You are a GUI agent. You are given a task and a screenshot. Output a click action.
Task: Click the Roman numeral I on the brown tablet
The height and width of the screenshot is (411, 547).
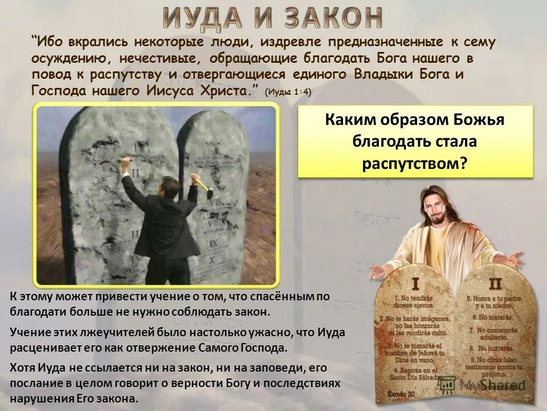point(415,283)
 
